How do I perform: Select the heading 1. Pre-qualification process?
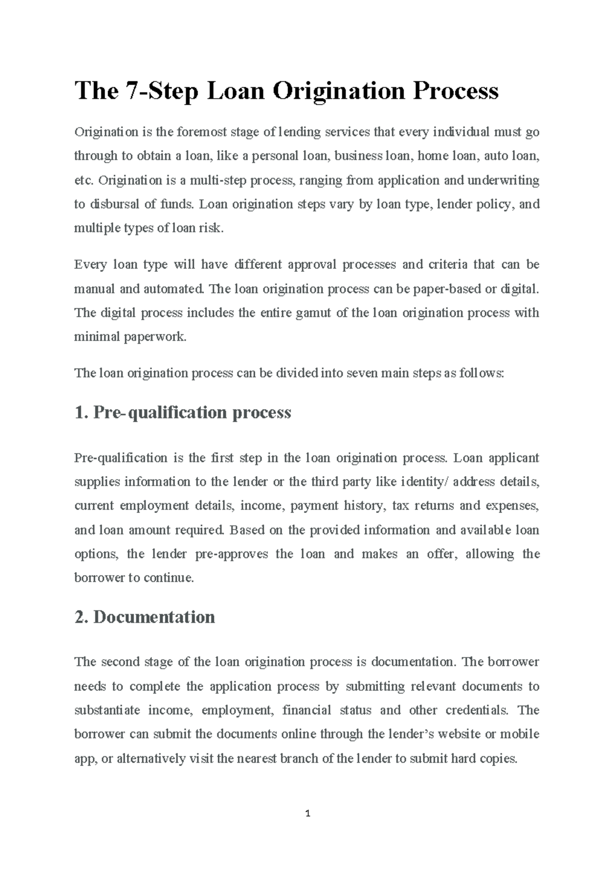point(183,412)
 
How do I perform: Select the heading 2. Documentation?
point(145,617)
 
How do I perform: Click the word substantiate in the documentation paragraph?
point(107,710)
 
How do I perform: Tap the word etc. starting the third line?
point(84,181)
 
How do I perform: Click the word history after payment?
point(364,506)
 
